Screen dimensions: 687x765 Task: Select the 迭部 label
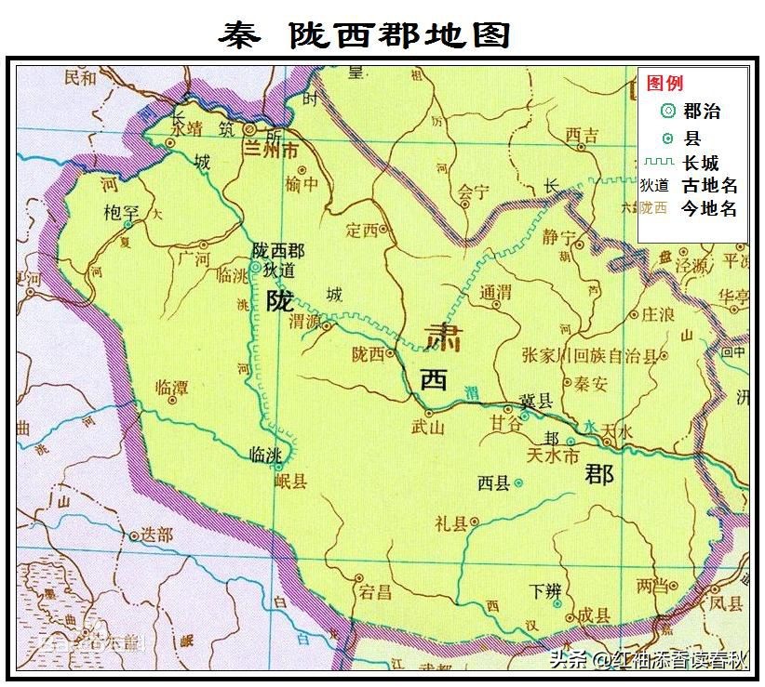tap(154, 535)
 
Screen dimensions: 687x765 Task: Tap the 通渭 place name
tap(496, 293)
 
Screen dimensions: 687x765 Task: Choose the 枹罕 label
tap(121, 213)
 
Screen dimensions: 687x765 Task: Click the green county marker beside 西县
tap(518, 482)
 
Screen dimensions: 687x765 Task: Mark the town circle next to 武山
tap(429, 412)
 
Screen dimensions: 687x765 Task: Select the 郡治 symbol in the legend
tap(666, 112)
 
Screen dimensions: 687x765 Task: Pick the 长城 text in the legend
tap(701, 163)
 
